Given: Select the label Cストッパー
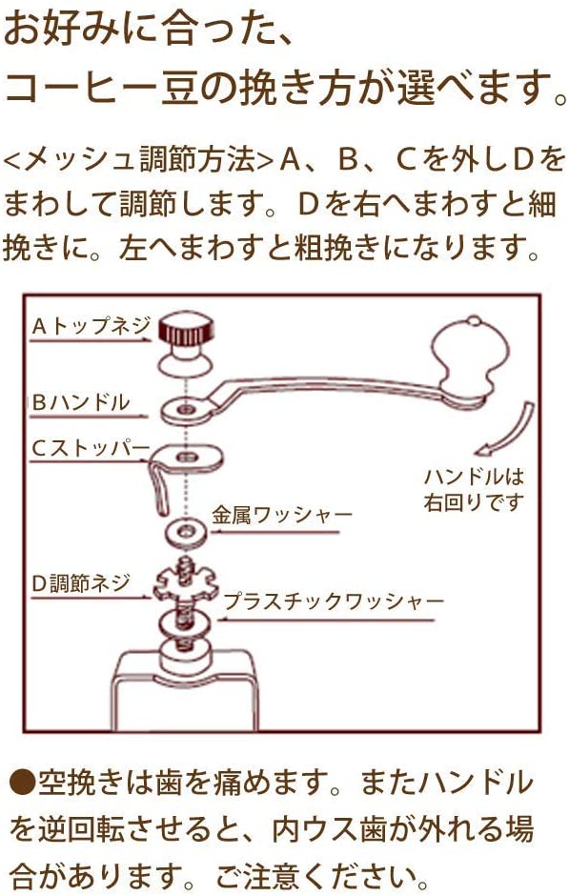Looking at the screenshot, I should click(x=91, y=448).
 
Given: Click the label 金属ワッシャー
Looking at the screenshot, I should click(x=281, y=516).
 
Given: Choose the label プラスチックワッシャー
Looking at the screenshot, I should click(x=334, y=601).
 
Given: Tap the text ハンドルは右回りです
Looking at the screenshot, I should click(x=474, y=489).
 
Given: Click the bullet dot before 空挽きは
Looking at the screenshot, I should click(x=21, y=783).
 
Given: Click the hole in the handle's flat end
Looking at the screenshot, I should click(x=186, y=410).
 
